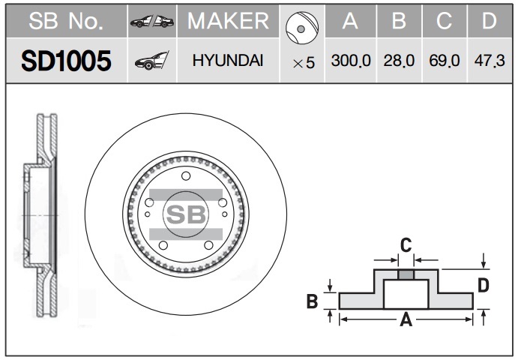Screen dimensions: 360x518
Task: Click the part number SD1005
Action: point(66,61)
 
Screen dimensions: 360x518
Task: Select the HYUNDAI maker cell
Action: point(227,61)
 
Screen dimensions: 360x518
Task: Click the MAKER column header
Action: point(227,22)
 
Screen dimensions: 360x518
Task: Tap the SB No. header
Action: point(66,22)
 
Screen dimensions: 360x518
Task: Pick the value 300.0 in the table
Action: point(351,61)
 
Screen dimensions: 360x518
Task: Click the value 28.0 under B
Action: point(400,61)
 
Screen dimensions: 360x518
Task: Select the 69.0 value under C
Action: point(445,61)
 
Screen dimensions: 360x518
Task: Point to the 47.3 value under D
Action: point(489,61)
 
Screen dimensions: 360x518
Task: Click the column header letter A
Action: point(350,22)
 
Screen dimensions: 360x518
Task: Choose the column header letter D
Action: point(489,22)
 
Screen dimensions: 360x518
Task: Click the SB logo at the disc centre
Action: point(184,214)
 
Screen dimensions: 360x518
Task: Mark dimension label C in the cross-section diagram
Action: point(406,244)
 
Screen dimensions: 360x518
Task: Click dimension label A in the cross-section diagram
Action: point(406,320)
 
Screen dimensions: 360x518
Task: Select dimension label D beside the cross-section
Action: point(484,285)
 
